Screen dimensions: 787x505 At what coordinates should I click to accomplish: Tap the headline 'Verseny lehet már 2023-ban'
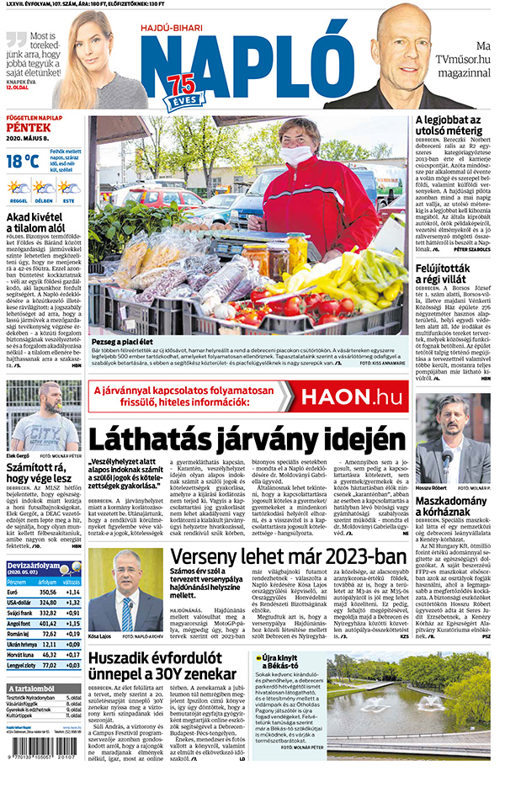coord(286,559)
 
